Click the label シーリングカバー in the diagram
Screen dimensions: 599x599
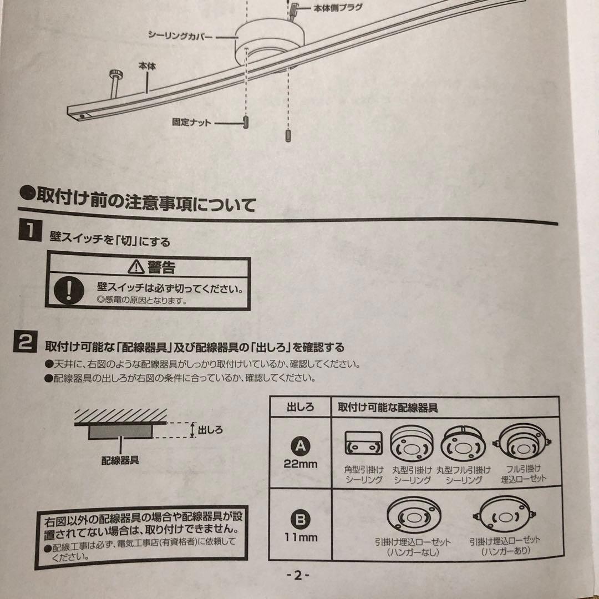click(180, 35)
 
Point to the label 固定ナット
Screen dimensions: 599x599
click(191, 122)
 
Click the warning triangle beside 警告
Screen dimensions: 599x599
click(135, 267)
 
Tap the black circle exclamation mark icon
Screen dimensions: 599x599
click(68, 291)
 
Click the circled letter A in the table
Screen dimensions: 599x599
click(300, 445)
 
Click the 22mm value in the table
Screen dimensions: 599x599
click(301, 464)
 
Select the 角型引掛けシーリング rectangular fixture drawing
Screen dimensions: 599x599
click(363, 443)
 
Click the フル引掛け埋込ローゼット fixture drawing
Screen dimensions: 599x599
click(522, 444)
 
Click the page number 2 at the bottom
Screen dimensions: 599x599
click(297, 575)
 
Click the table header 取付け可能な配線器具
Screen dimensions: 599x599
click(388, 408)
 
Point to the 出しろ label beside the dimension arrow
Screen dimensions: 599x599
click(210, 429)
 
